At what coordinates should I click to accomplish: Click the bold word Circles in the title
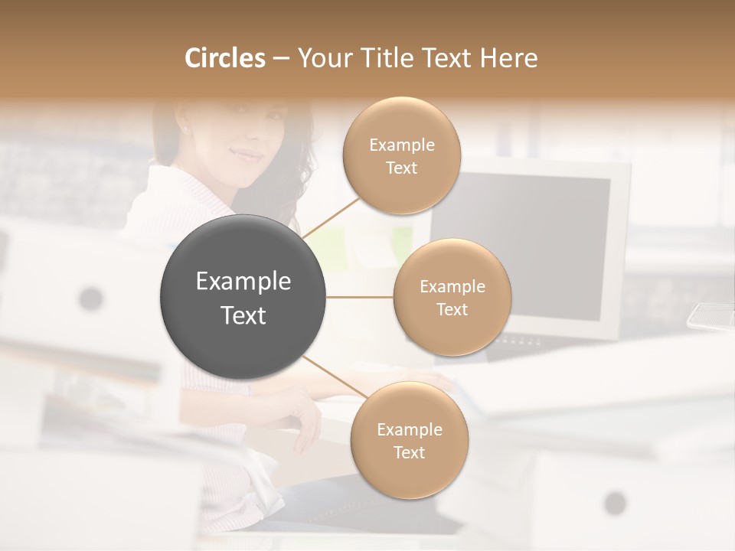(224, 58)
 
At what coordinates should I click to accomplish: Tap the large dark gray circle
(243, 297)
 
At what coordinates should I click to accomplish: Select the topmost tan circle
(401, 155)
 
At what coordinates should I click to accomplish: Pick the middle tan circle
(452, 297)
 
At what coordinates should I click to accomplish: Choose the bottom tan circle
(409, 440)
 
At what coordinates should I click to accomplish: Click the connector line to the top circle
(331, 217)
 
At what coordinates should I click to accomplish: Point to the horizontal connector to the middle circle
(360, 297)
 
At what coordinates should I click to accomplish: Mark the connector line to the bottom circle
(335, 377)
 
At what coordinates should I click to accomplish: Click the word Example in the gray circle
(243, 282)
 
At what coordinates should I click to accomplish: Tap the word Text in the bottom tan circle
(409, 452)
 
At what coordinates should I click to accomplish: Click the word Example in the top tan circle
(401, 145)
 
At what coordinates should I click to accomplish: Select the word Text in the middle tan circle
(452, 309)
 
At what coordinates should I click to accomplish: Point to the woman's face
(249, 145)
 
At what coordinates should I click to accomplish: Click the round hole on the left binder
(91, 298)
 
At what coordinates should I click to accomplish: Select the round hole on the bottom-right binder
(615, 503)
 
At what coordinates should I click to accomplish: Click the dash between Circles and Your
(280, 59)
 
